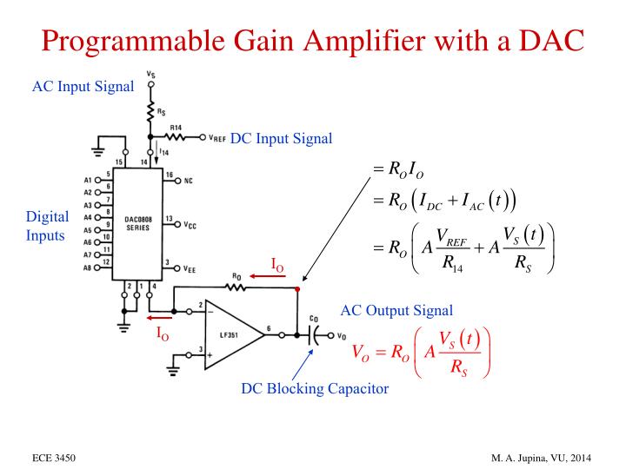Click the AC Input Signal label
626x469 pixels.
click(83, 87)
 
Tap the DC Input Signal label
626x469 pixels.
click(281, 138)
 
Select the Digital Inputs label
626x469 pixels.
click(48, 226)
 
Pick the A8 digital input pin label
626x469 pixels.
click(89, 268)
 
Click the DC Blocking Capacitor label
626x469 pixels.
click(315, 388)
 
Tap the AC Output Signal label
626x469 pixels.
click(396, 310)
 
